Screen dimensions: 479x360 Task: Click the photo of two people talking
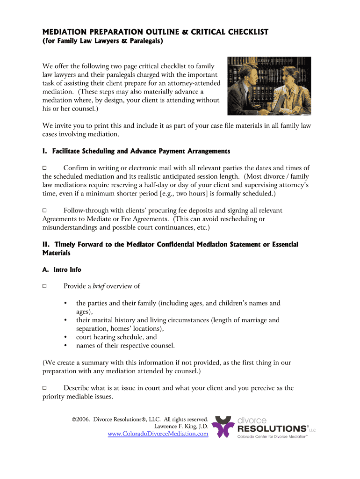pos(269,86)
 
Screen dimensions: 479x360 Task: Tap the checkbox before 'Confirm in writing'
pos(45,168)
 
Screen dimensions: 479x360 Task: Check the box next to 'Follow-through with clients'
pos(45,211)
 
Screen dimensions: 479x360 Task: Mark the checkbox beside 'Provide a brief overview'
pos(45,286)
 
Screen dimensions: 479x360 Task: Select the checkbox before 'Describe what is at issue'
pos(45,388)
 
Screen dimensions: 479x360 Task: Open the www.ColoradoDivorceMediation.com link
pos(158,434)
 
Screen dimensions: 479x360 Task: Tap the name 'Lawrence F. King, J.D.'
pos(181,427)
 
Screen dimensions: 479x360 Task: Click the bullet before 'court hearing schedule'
pos(65,337)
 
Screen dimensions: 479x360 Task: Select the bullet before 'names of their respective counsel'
pos(65,346)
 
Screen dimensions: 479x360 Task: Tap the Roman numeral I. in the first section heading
pos(45,152)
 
